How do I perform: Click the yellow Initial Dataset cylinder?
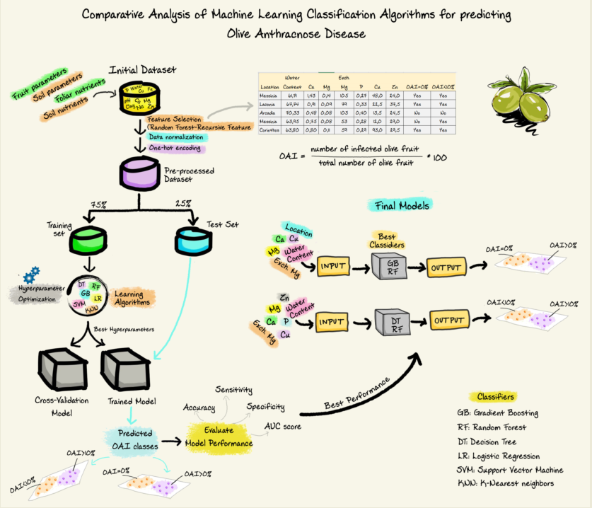click(x=139, y=99)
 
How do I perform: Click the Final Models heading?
click(x=401, y=206)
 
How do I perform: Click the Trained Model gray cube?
click(x=124, y=368)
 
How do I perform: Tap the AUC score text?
click(x=282, y=427)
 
